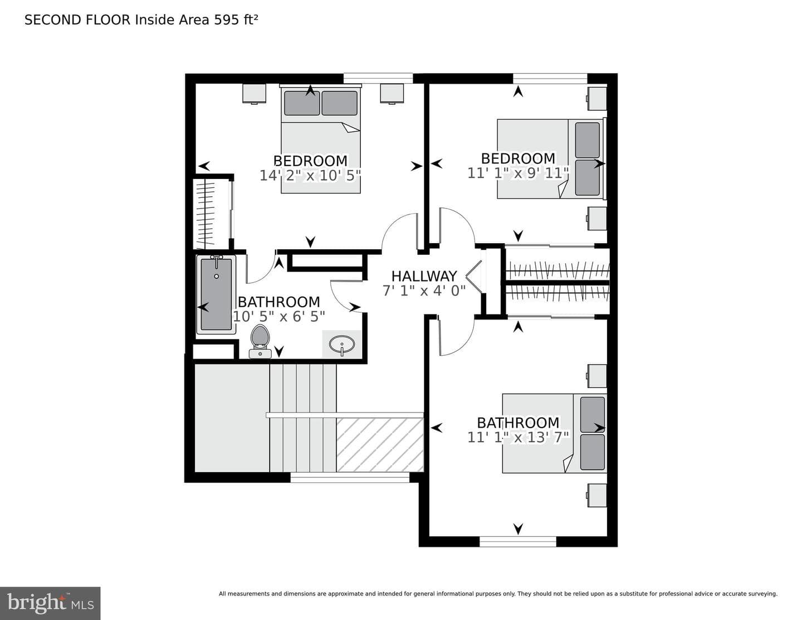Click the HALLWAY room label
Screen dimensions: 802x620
424,276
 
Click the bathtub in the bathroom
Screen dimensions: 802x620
216,294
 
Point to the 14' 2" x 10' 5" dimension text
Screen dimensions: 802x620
310,175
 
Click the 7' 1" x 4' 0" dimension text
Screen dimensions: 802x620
424,291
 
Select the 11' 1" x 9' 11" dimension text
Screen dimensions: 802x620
519,173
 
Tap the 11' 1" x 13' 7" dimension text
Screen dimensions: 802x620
519,438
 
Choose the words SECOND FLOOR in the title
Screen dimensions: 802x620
77,20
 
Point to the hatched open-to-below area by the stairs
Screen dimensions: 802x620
380,445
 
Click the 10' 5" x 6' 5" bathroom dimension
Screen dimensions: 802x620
279,317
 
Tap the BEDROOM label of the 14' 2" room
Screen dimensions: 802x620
310,161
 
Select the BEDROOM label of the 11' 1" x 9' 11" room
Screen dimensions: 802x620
518,158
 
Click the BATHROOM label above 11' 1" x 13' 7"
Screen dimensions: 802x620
518,423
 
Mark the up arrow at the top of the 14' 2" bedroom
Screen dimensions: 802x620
310,90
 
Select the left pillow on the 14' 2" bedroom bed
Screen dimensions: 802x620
302,103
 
